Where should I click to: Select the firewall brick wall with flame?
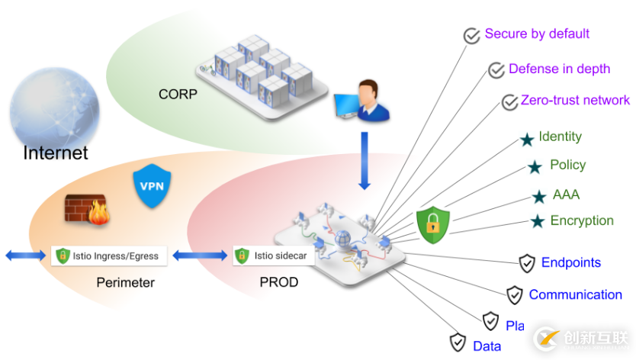[87, 208]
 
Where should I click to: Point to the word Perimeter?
[125, 283]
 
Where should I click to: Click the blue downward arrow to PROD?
[364, 161]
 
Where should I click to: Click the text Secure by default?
[537, 34]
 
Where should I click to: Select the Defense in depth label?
[559, 69]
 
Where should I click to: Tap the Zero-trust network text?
[575, 100]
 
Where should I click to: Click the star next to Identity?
[526, 140]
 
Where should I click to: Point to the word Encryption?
[582, 220]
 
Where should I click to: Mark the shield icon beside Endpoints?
[527, 264]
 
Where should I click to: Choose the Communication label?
[575, 294]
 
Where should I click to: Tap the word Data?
[487, 346]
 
